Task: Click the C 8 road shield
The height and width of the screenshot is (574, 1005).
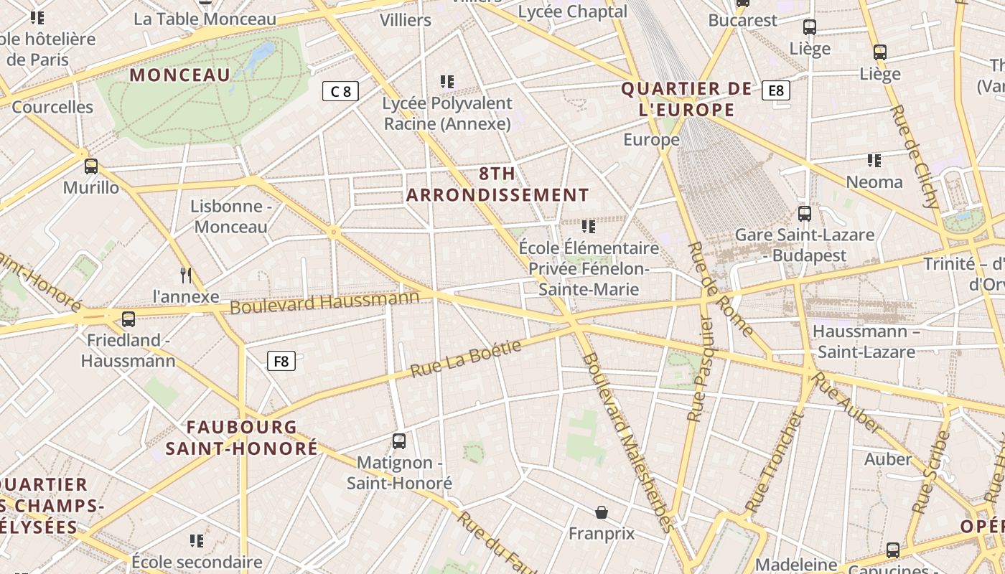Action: pos(340,91)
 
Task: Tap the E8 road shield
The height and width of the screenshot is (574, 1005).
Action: pos(776,90)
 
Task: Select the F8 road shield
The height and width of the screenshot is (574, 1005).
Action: pos(281,361)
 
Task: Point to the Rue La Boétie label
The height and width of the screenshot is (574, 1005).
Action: pos(466,359)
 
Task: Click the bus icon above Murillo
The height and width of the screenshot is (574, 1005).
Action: pos(91,166)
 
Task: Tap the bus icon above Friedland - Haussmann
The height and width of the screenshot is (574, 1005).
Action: pos(128,319)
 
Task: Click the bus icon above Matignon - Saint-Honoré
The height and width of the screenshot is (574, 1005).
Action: pos(399,441)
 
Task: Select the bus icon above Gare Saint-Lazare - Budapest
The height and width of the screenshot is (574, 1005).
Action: pos(805,213)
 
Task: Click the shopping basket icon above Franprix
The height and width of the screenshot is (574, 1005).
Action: pos(602,512)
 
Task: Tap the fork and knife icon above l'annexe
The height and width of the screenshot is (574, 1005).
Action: pos(186,276)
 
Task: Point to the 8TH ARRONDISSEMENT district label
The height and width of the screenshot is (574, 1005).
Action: pos(497,184)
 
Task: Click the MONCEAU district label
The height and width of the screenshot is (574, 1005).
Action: pos(180,75)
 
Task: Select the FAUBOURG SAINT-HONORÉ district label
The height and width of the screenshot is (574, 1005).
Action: pos(242,438)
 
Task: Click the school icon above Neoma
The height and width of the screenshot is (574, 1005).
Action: pos(874,161)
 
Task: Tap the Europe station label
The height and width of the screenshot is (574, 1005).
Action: pos(651,140)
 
